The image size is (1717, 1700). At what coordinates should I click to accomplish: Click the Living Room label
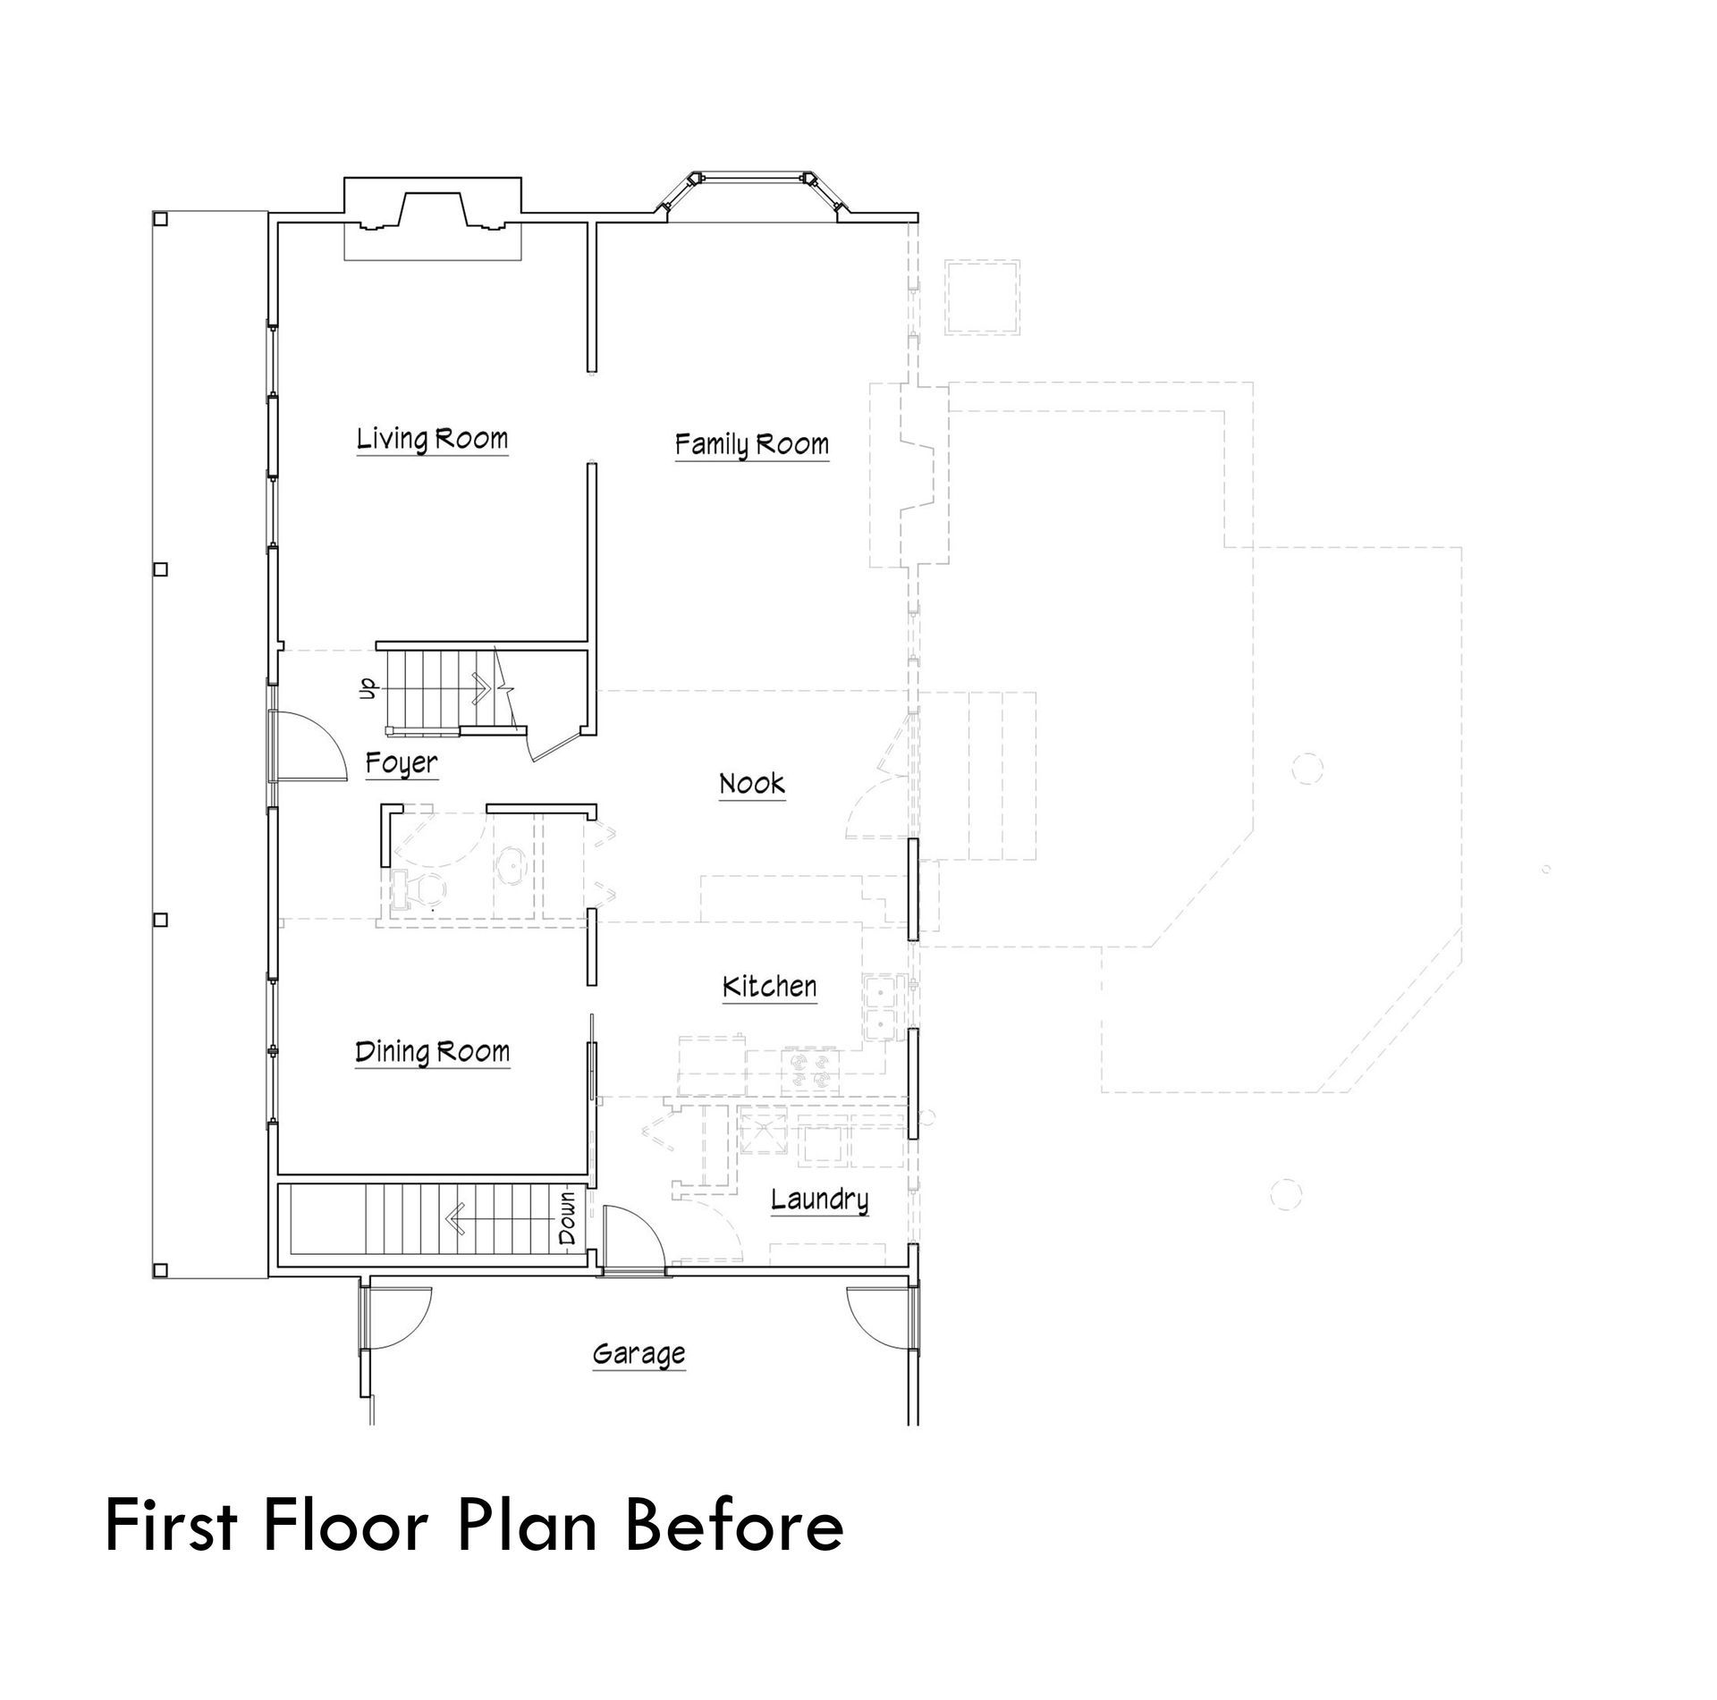point(432,439)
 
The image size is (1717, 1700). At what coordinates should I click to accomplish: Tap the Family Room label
point(751,444)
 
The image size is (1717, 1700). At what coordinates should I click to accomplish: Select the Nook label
point(752,784)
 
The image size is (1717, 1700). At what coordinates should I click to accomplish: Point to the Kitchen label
point(769,986)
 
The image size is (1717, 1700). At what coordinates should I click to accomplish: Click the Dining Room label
point(432,1052)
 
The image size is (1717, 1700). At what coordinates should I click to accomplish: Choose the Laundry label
point(819,1199)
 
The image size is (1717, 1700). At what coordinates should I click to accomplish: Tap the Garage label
point(639,1355)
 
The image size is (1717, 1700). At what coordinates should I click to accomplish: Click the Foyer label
point(402,763)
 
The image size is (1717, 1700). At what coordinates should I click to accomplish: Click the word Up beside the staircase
point(367,687)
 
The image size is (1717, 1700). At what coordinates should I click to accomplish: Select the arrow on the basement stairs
point(499,1217)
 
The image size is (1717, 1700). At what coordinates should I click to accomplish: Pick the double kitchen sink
point(879,1006)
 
